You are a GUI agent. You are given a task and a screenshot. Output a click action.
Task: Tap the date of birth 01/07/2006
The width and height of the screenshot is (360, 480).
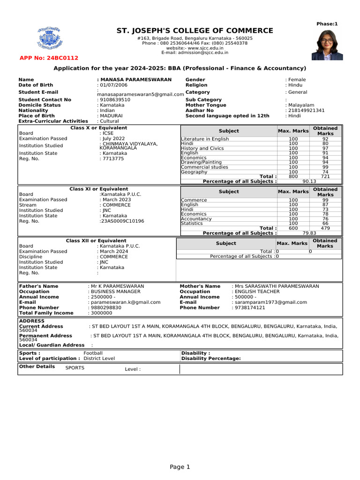coord(113,85)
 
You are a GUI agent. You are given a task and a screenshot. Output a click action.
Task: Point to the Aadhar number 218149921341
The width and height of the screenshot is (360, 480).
coord(306,111)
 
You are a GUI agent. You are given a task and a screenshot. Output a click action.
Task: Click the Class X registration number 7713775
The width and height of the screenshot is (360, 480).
coord(112,159)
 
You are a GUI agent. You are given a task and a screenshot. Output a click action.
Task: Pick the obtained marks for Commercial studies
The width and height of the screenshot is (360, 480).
coord(325,167)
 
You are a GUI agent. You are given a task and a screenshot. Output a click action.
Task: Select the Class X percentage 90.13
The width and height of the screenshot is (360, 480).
coord(309,181)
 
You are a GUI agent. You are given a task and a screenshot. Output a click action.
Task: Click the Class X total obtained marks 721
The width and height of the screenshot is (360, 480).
coord(325,176)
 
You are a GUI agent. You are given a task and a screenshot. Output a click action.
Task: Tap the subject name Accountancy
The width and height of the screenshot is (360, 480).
coord(196,219)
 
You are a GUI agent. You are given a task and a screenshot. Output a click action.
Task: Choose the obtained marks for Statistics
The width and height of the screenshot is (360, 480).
coord(325,224)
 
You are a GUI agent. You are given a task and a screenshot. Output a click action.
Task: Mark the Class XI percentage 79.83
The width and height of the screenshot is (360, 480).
coord(309,233)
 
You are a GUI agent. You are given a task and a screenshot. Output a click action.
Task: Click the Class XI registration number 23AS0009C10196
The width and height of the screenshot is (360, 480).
coord(122,221)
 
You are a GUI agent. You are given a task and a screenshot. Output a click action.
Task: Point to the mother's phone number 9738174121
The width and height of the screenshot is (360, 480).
coord(250,307)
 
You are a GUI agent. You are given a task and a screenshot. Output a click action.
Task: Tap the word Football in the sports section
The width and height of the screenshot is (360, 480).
coord(93,353)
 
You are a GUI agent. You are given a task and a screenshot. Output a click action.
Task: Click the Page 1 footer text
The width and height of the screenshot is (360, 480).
coord(180,467)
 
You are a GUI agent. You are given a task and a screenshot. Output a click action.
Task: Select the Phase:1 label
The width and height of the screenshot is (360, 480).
coord(327,24)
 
